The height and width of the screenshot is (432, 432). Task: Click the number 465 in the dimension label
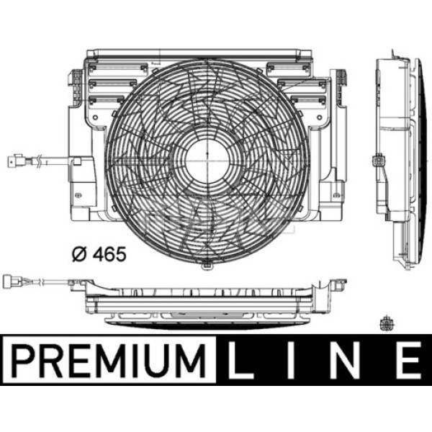109,253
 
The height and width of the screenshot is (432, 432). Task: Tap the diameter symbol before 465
79,254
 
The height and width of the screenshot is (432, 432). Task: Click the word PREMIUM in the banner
108,361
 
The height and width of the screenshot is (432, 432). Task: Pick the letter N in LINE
345,361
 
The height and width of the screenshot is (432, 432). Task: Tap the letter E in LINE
408,361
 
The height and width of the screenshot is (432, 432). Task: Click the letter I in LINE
291,361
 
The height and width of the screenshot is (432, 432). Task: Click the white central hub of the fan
207,162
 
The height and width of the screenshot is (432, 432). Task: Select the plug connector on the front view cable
15,161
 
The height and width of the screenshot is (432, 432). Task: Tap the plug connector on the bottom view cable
12,282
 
